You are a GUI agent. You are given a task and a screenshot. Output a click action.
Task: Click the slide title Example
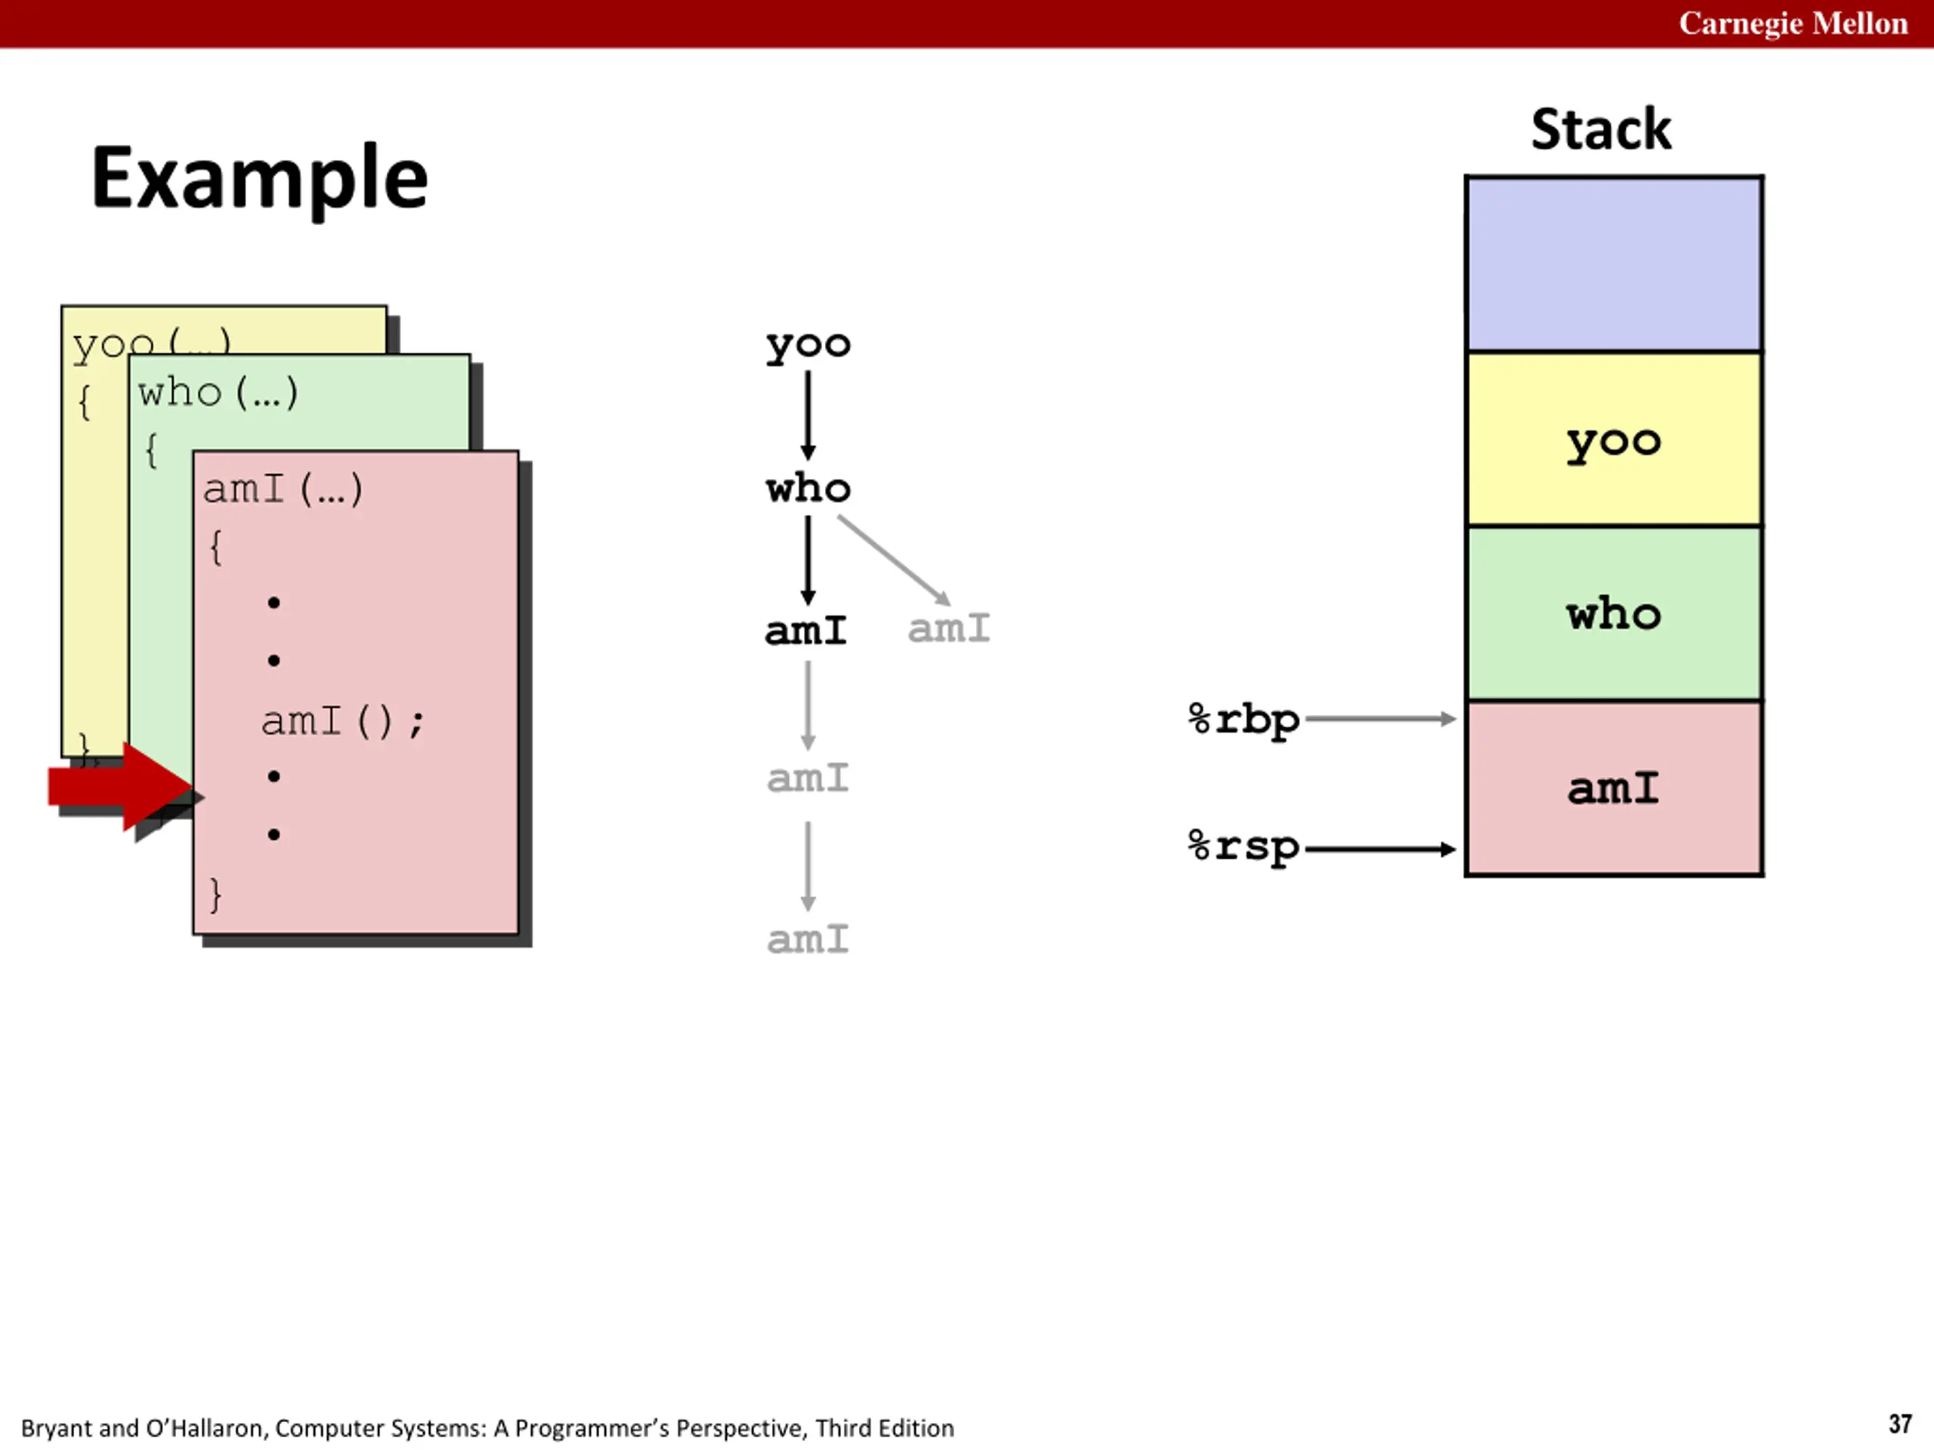260,179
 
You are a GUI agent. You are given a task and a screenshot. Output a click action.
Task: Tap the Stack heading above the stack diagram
1601,129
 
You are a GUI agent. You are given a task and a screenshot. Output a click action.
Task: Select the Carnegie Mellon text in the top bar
1793,23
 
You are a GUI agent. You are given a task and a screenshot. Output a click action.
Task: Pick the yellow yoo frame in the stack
1614,439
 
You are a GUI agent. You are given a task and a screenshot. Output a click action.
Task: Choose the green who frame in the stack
1614,613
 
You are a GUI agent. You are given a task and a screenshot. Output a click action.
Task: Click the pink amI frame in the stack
1614,788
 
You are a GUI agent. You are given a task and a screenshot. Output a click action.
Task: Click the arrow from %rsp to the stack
1379,849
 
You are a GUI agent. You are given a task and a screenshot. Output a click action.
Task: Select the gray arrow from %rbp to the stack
1379,719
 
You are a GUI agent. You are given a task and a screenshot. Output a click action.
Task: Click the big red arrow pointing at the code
122,787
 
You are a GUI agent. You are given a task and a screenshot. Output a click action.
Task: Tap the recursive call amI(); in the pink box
343,722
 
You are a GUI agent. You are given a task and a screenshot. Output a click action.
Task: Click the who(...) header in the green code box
218,393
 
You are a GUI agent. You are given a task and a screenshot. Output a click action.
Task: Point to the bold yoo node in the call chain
808,345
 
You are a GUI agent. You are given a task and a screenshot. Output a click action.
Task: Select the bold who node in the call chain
808,488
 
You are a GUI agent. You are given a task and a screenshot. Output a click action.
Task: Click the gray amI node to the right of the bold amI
949,628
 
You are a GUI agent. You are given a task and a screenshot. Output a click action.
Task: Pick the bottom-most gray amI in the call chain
808,939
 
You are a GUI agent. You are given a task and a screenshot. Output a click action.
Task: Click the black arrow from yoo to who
808,416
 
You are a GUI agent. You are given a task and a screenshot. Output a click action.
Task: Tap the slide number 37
1899,1424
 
